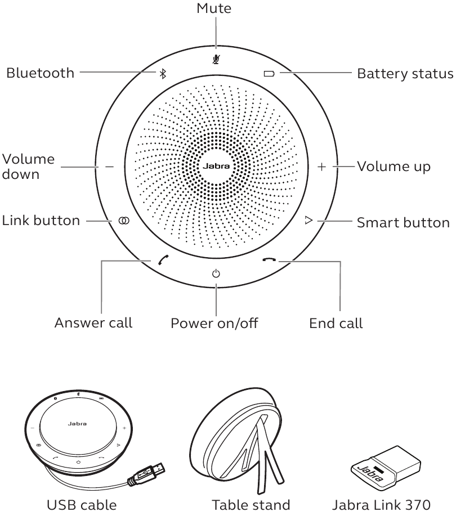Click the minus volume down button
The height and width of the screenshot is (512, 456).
click(x=109, y=167)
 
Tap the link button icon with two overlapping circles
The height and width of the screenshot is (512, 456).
click(x=123, y=221)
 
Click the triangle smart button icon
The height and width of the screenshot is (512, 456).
click(x=308, y=221)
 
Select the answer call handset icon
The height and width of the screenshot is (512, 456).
click(x=162, y=260)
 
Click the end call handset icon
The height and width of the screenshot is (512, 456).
click(x=270, y=260)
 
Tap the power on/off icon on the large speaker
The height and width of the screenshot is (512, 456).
click(x=216, y=274)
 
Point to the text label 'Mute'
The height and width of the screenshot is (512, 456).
click(x=214, y=8)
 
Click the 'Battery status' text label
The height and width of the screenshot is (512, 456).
click(x=405, y=74)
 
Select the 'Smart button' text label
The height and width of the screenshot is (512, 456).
click(x=403, y=222)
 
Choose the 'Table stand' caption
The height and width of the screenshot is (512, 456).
click(x=250, y=504)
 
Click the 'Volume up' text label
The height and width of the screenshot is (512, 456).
click(x=394, y=167)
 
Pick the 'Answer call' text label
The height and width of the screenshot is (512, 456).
click(x=93, y=323)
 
